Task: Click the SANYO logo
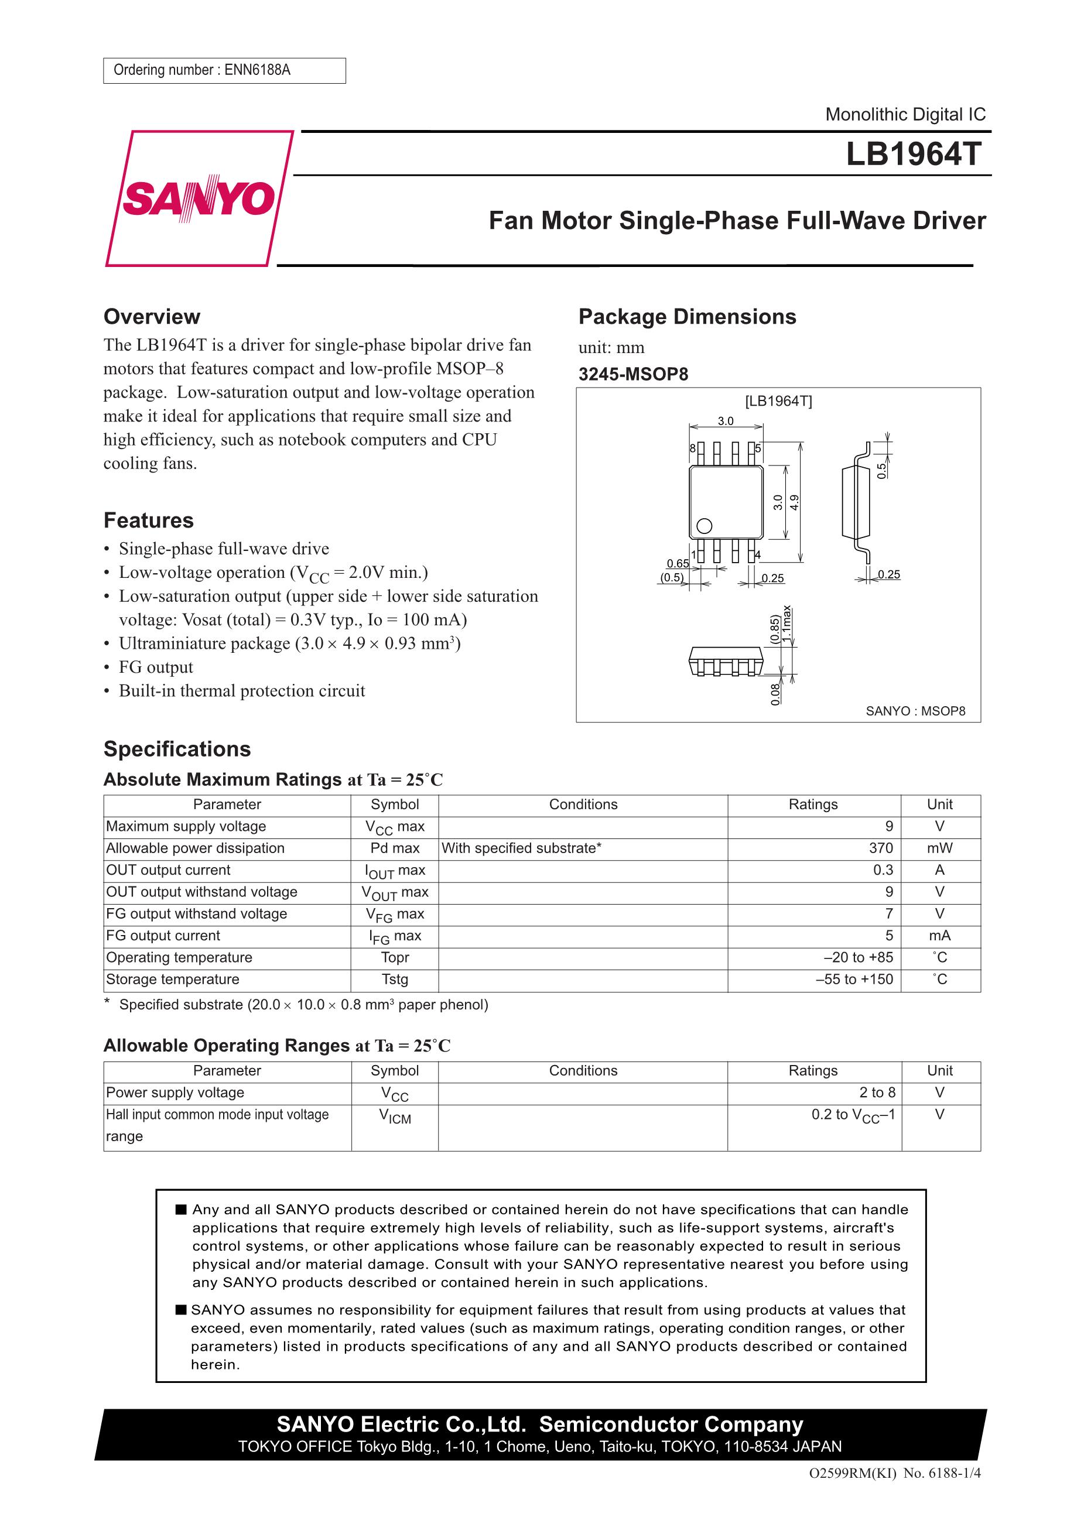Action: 199,198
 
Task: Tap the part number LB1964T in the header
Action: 913,155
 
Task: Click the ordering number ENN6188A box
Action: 224,70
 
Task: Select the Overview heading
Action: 152,317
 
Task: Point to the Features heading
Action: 148,521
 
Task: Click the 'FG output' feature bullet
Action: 156,667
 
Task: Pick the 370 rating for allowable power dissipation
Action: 880,848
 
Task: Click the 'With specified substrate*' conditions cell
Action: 521,848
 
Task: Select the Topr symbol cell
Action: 394,957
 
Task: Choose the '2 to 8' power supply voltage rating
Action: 877,1093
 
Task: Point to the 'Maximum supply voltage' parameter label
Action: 186,827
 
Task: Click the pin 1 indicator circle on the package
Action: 705,526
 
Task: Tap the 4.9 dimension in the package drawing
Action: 795,502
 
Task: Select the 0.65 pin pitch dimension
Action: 678,563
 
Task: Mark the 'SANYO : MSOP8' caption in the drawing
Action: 915,711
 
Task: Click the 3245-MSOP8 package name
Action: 633,374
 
